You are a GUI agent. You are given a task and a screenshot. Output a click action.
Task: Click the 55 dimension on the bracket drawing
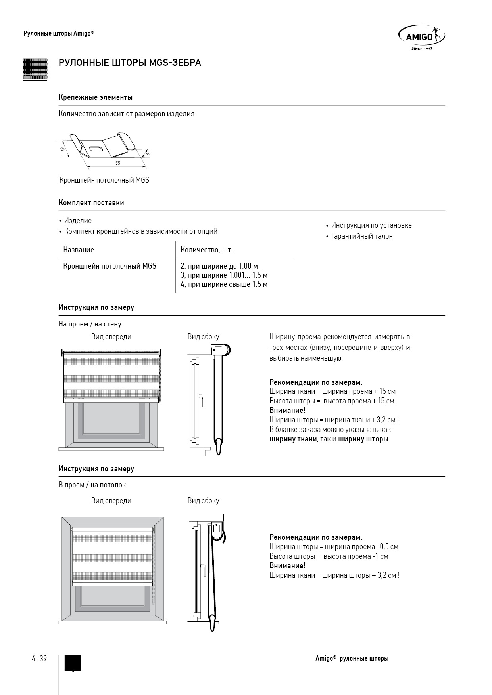tap(118, 163)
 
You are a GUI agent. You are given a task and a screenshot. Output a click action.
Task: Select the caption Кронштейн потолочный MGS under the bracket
tap(104, 180)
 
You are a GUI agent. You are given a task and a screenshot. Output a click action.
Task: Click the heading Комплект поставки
tap(91, 203)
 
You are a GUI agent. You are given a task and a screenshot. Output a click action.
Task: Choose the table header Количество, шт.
tap(206, 250)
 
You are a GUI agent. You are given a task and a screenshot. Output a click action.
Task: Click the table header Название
tap(79, 250)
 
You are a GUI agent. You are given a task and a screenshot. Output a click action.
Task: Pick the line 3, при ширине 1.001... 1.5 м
tap(224, 275)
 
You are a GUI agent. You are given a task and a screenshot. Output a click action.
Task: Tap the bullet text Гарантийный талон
tap(362, 236)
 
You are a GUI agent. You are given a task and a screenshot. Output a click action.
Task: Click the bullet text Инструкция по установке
tap(371, 225)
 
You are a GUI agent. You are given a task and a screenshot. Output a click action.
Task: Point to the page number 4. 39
tap(39, 659)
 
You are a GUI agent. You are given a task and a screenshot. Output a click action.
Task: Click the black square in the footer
tap(73, 663)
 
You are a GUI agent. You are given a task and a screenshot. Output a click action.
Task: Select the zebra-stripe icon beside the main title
tap(35, 70)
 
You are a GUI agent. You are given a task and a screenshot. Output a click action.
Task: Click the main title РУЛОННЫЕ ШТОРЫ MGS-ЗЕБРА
tap(130, 63)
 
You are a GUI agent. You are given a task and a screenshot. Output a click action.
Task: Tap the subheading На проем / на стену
tap(90, 324)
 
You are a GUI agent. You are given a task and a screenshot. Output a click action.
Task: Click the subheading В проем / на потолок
tap(92, 485)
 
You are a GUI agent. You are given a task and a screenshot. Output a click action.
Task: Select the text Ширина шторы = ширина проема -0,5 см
tap(334, 547)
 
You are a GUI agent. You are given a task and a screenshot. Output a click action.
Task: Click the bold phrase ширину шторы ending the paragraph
tap(363, 439)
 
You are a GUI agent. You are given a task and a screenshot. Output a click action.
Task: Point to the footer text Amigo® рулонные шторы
tap(352, 659)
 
